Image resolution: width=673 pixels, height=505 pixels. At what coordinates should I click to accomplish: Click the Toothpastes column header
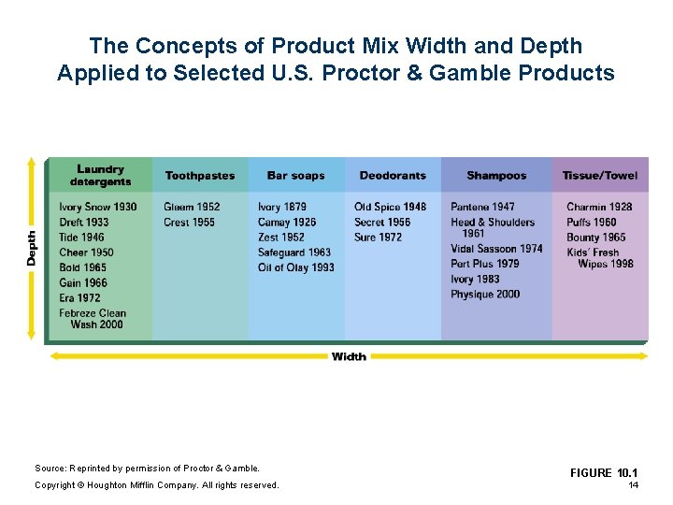pyautogui.click(x=199, y=176)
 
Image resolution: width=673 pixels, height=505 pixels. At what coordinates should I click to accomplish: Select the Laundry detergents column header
pyautogui.click(x=100, y=176)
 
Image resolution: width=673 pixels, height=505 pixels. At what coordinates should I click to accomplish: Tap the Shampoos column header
pyautogui.click(x=496, y=176)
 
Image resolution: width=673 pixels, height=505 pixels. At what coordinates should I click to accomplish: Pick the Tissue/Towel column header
pyautogui.click(x=599, y=176)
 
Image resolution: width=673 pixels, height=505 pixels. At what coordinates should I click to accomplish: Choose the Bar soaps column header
pyautogui.click(x=295, y=176)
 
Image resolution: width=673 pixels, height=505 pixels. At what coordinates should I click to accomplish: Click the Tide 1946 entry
pyautogui.click(x=81, y=238)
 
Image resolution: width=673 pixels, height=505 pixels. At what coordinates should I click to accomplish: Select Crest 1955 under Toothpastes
pyautogui.click(x=189, y=223)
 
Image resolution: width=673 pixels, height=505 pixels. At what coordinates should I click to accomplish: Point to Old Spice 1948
pyautogui.click(x=390, y=207)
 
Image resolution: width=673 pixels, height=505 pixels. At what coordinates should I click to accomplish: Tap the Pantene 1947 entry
pyautogui.click(x=482, y=207)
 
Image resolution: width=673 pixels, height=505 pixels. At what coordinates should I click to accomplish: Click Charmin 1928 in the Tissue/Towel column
pyautogui.click(x=598, y=207)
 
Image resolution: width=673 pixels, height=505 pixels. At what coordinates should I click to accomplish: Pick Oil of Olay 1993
pyautogui.click(x=295, y=267)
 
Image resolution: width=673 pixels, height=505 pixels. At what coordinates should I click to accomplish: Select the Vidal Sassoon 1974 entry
pyautogui.click(x=496, y=249)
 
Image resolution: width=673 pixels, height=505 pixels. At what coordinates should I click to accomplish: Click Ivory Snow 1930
pyautogui.click(x=97, y=207)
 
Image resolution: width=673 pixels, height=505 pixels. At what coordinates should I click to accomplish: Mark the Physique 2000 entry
pyautogui.click(x=484, y=295)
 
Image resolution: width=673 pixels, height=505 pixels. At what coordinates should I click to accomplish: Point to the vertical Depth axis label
pyautogui.click(x=32, y=248)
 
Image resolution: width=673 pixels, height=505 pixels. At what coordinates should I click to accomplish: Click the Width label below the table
pyautogui.click(x=348, y=356)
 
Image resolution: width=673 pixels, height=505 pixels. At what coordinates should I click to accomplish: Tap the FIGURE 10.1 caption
pyautogui.click(x=603, y=473)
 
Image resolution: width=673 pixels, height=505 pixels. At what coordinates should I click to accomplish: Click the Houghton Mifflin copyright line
pyautogui.click(x=156, y=484)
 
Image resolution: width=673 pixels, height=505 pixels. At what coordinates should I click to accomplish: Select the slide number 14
pyautogui.click(x=633, y=485)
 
